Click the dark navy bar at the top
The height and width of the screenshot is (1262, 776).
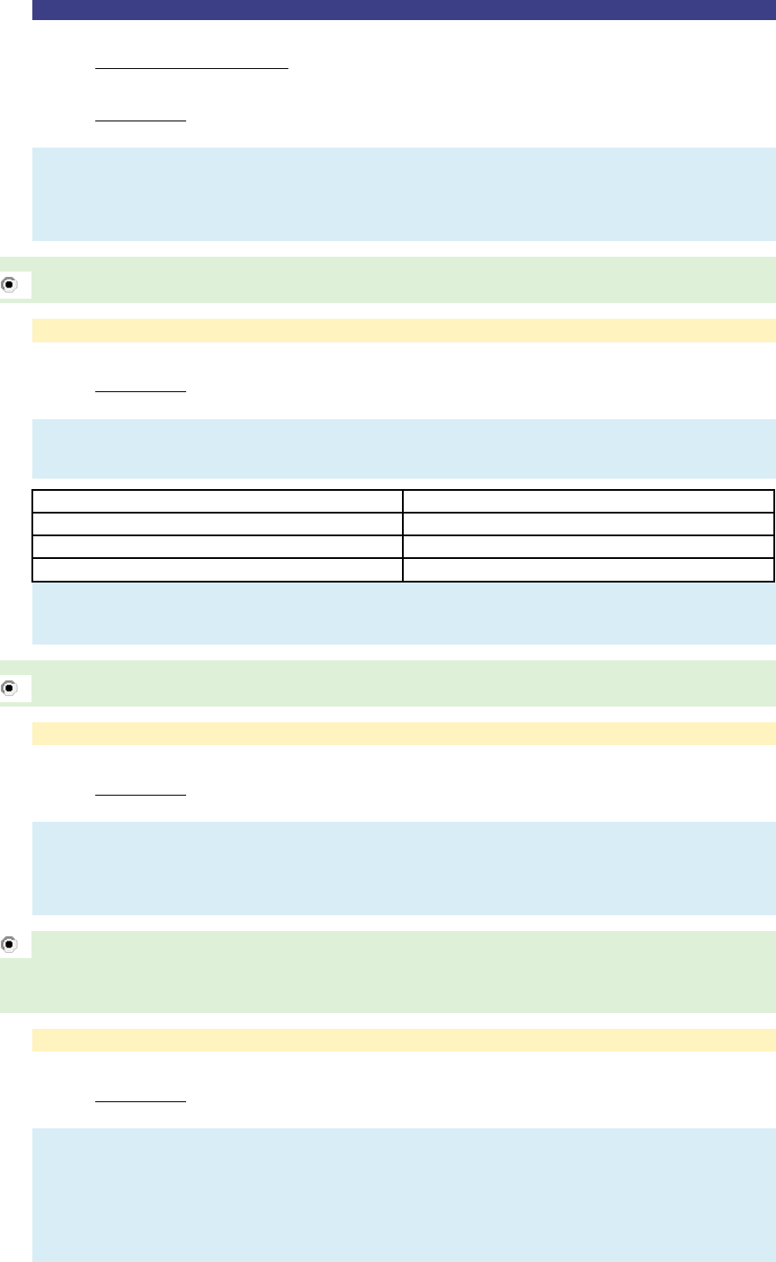tap(404, 10)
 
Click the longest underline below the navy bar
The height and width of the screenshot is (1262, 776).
tap(191, 66)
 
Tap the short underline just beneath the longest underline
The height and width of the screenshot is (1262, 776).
tap(141, 121)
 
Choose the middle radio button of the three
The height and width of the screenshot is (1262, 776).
tap(10, 687)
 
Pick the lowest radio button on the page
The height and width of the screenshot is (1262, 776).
tap(10, 944)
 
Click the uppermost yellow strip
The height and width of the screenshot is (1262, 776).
tap(404, 330)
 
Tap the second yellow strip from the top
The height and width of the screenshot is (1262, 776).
tap(404, 734)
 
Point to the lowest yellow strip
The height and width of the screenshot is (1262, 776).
tap(404, 1039)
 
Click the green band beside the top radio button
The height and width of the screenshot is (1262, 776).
tap(404, 279)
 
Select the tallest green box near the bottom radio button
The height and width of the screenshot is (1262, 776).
tap(404, 972)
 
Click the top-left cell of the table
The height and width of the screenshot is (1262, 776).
tap(218, 500)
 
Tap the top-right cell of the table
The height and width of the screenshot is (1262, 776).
tap(588, 500)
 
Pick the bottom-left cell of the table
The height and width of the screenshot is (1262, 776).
tap(218, 569)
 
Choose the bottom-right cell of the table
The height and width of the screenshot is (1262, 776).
tap(588, 569)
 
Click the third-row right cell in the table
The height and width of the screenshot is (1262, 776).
tap(588, 547)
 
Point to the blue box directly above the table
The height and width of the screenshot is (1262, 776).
tap(404, 448)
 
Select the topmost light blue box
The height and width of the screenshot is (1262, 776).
tap(404, 194)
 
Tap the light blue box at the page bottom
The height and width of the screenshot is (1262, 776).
tap(404, 1195)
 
